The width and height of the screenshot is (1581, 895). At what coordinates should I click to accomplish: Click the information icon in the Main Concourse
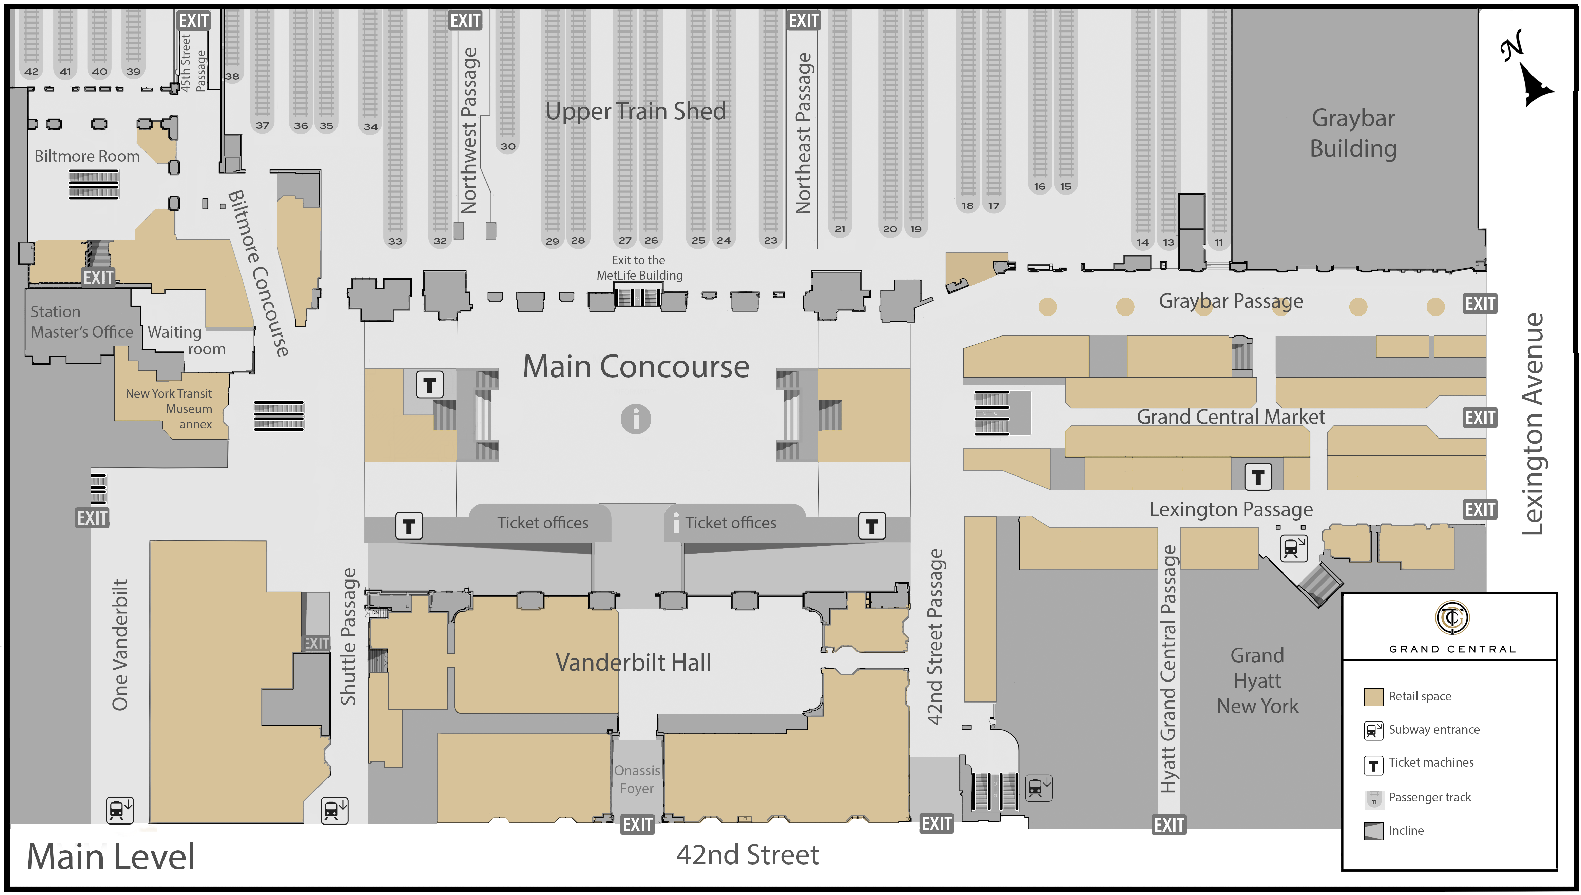click(x=635, y=419)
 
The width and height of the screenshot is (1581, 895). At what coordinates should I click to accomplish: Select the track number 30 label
click(x=507, y=146)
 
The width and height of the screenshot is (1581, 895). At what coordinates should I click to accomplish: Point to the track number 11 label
click(x=1219, y=242)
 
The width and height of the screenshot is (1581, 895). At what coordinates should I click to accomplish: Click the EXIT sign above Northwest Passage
click(x=465, y=20)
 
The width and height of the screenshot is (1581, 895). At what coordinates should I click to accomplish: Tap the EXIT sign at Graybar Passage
click(x=1480, y=304)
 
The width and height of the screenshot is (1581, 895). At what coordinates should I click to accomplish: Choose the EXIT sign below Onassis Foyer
click(x=637, y=824)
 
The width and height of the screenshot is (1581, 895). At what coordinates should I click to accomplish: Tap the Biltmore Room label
click(x=87, y=156)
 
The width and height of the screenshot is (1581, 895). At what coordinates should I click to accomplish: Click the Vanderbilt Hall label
click(x=633, y=663)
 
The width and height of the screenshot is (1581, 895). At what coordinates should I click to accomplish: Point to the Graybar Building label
click(x=1353, y=133)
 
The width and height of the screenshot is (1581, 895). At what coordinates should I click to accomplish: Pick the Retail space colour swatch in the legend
click(x=1373, y=696)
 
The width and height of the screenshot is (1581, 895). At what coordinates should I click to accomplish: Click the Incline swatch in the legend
click(x=1373, y=831)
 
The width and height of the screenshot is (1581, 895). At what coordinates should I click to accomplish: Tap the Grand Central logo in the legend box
click(x=1452, y=618)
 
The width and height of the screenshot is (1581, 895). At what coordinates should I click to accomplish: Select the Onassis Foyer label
click(x=637, y=779)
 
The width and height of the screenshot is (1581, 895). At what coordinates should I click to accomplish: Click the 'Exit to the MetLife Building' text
click(x=639, y=267)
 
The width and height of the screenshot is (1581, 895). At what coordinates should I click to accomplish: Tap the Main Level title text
click(x=111, y=856)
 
